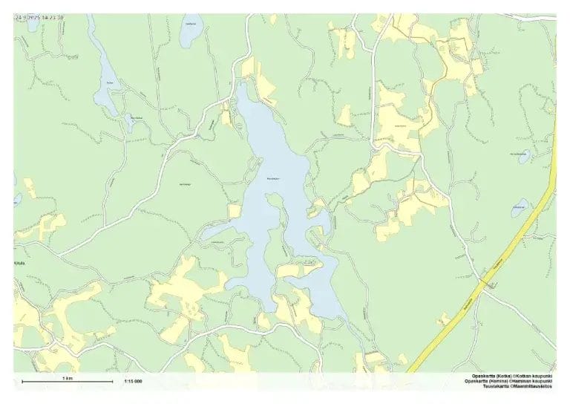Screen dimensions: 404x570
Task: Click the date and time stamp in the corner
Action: coord(39,16)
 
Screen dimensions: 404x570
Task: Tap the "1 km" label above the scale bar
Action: coord(68,378)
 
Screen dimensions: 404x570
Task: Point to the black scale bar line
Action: coord(68,382)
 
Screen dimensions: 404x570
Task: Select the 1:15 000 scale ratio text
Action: coord(133,382)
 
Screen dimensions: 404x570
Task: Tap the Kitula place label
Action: coord(19,263)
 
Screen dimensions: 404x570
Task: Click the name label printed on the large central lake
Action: coord(273,178)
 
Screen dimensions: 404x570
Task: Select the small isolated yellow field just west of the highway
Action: coord(444,319)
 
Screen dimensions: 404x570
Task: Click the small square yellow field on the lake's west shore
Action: coord(235,211)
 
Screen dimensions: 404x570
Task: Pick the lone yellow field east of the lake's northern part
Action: coord(344,115)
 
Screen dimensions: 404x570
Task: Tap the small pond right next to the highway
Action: coord(520,208)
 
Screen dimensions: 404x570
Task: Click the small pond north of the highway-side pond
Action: coord(524,157)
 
